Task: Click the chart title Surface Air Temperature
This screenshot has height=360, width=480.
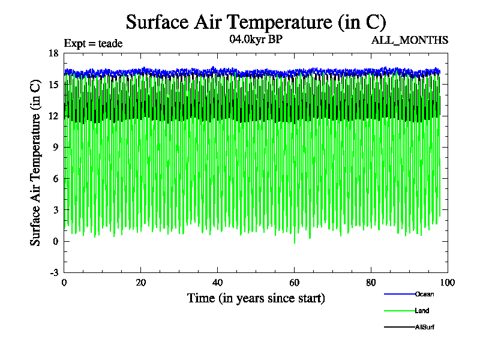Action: tap(256, 22)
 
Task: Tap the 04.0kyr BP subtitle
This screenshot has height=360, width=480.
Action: tap(256, 40)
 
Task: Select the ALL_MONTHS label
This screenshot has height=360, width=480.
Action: tap(410, 40)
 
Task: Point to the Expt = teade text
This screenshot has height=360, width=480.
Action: tap(93, 43)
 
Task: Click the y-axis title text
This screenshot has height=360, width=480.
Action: tap(36, 162)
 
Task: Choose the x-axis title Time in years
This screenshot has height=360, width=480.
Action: tap(256, 298)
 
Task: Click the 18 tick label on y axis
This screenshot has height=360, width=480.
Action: tap(53, 53)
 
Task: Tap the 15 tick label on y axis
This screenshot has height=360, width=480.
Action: tap(53, 85)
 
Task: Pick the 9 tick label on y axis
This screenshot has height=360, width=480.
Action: tap(55, 147)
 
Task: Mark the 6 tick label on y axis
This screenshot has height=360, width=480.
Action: tap(55, 179)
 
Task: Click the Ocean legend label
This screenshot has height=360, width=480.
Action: tap(424, 294)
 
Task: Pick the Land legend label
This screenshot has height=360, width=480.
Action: tap(422, 311)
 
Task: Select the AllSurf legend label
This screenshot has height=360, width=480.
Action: tap(424, 327)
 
